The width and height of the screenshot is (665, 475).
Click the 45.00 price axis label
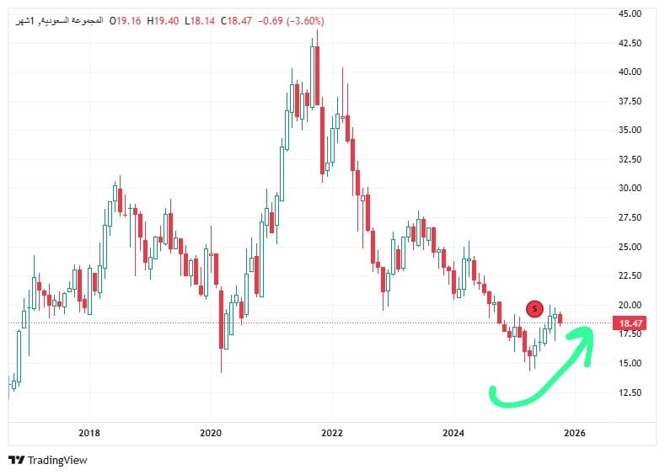[x=630, y=14]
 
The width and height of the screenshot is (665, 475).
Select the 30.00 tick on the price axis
[x=630, y=189]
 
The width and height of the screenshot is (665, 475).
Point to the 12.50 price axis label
[x=630, y=392]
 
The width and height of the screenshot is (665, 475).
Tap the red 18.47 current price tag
[x=631, y=323]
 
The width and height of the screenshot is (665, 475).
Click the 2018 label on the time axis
[x=89, y=433]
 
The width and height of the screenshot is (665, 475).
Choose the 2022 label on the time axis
[x=332, y=433]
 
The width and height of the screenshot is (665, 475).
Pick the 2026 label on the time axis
[x=575, y=433]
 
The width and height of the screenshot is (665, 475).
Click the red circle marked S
[x=534, y=309]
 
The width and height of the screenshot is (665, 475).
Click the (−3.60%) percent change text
[x=300, y=20]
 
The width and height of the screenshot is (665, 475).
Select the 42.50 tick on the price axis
[x=630, y=43]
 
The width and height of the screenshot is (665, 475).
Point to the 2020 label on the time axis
[x=211, y=433]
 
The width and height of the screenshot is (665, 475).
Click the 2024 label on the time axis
[x=453, y=433]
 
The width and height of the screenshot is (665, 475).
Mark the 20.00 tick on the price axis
[x=630, y=305]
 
